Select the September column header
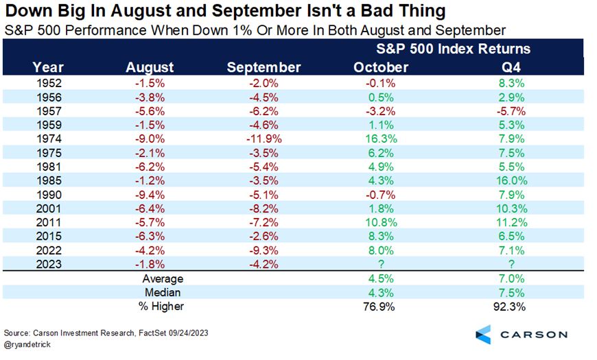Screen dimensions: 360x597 264,67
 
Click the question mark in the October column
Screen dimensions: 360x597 380,264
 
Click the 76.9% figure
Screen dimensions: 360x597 380,307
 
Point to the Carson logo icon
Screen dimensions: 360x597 484,335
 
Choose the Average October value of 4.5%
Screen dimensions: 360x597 380,278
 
